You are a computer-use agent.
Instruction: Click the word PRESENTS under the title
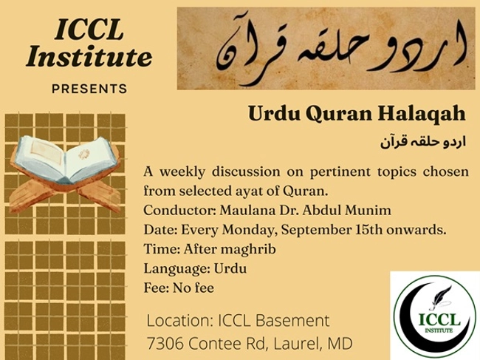click(x=89, y=89)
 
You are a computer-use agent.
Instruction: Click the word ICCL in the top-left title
click(x=89, y=30)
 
